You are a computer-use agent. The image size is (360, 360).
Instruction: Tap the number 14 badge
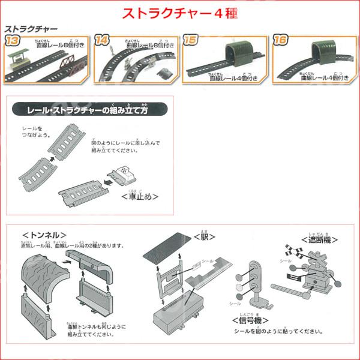(102, 41)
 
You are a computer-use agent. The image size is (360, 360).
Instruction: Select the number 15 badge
(191, 41)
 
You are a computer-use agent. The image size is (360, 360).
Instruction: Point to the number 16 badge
(280, 41)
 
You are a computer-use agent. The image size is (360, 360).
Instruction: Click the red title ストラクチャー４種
(181, 13)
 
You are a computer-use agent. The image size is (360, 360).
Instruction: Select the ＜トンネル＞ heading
(44, 235)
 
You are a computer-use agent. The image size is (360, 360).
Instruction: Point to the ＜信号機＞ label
(256, 320)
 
